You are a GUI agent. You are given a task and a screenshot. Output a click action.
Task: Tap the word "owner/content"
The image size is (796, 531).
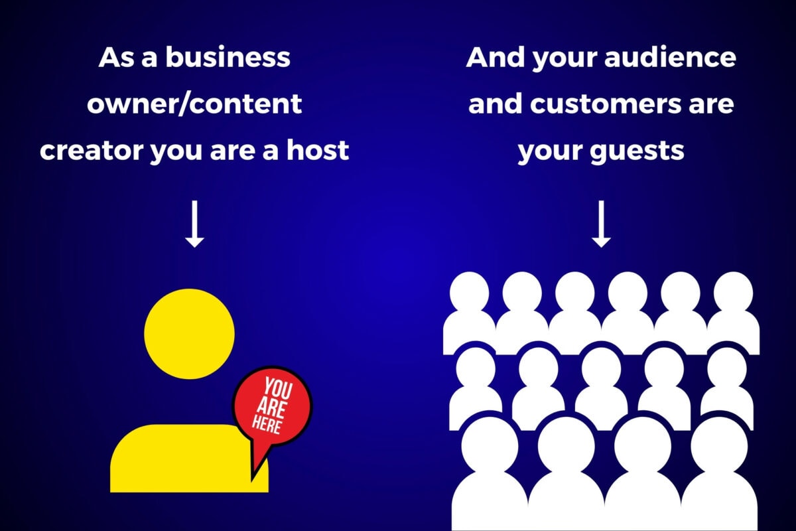point(194,104)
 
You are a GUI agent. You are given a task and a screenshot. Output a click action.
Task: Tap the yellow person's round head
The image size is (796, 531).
point(189,334)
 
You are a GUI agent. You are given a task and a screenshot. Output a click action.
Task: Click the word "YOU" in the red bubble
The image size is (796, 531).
point(278,388)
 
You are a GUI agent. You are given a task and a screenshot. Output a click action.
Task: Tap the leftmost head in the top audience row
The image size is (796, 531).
point(470,293)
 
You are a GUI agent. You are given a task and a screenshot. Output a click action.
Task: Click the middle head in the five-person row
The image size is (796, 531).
point(601,368)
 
